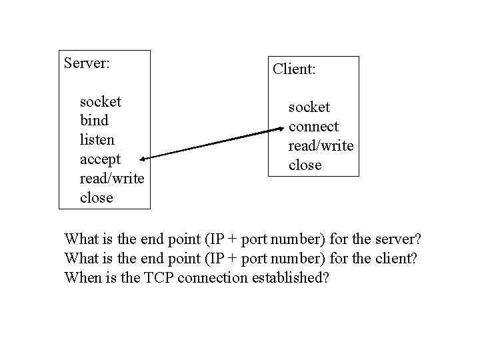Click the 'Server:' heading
[x=87, y=63]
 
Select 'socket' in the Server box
[x=100, y=102]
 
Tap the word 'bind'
[x=93, y=121]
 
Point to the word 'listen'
[x=97, y=141]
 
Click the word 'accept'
[x=100, y=160]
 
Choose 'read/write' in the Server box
[x=111, y=179]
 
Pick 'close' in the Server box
[x=96, y=198]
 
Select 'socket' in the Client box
[x=309, y=107]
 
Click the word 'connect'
[x=313, y=126]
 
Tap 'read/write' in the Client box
[x=320, y=145]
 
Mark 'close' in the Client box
[x=305, y=165]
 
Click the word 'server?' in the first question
[x=404, y=239]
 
